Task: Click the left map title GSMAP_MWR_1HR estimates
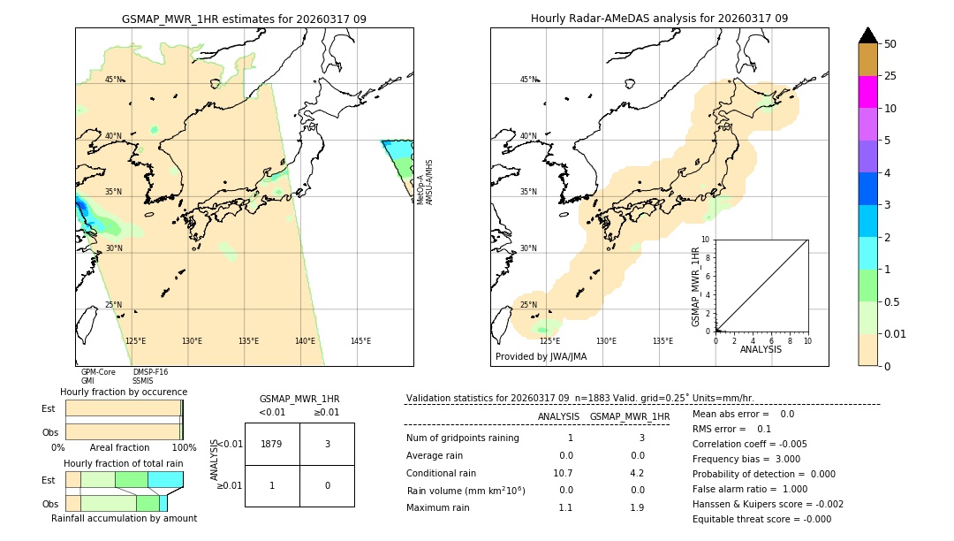pos(244,19)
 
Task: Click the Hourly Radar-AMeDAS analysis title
pos(659,19)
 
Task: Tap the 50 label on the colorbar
pos(890,44)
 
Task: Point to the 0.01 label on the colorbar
pos(896,334)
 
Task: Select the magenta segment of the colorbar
pos(867,92)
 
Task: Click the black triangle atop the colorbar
pos(867,35)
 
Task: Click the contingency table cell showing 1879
pos(272,444)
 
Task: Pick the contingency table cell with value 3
pos(327,444)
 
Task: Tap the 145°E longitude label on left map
pos(360,341)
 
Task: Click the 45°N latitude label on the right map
pos(528,80)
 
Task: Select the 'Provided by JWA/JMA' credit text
pos(541,357)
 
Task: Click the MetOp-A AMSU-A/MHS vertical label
pos(425,182)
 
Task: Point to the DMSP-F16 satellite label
pos(150,372)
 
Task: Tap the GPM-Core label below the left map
pos(98,372)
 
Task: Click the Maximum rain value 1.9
pos(637,507)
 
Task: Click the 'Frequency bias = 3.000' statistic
pos(746,459)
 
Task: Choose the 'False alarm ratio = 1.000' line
pos(750,489)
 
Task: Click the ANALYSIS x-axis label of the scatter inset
pos(761,349)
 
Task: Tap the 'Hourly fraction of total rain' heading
pos(124,463)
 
